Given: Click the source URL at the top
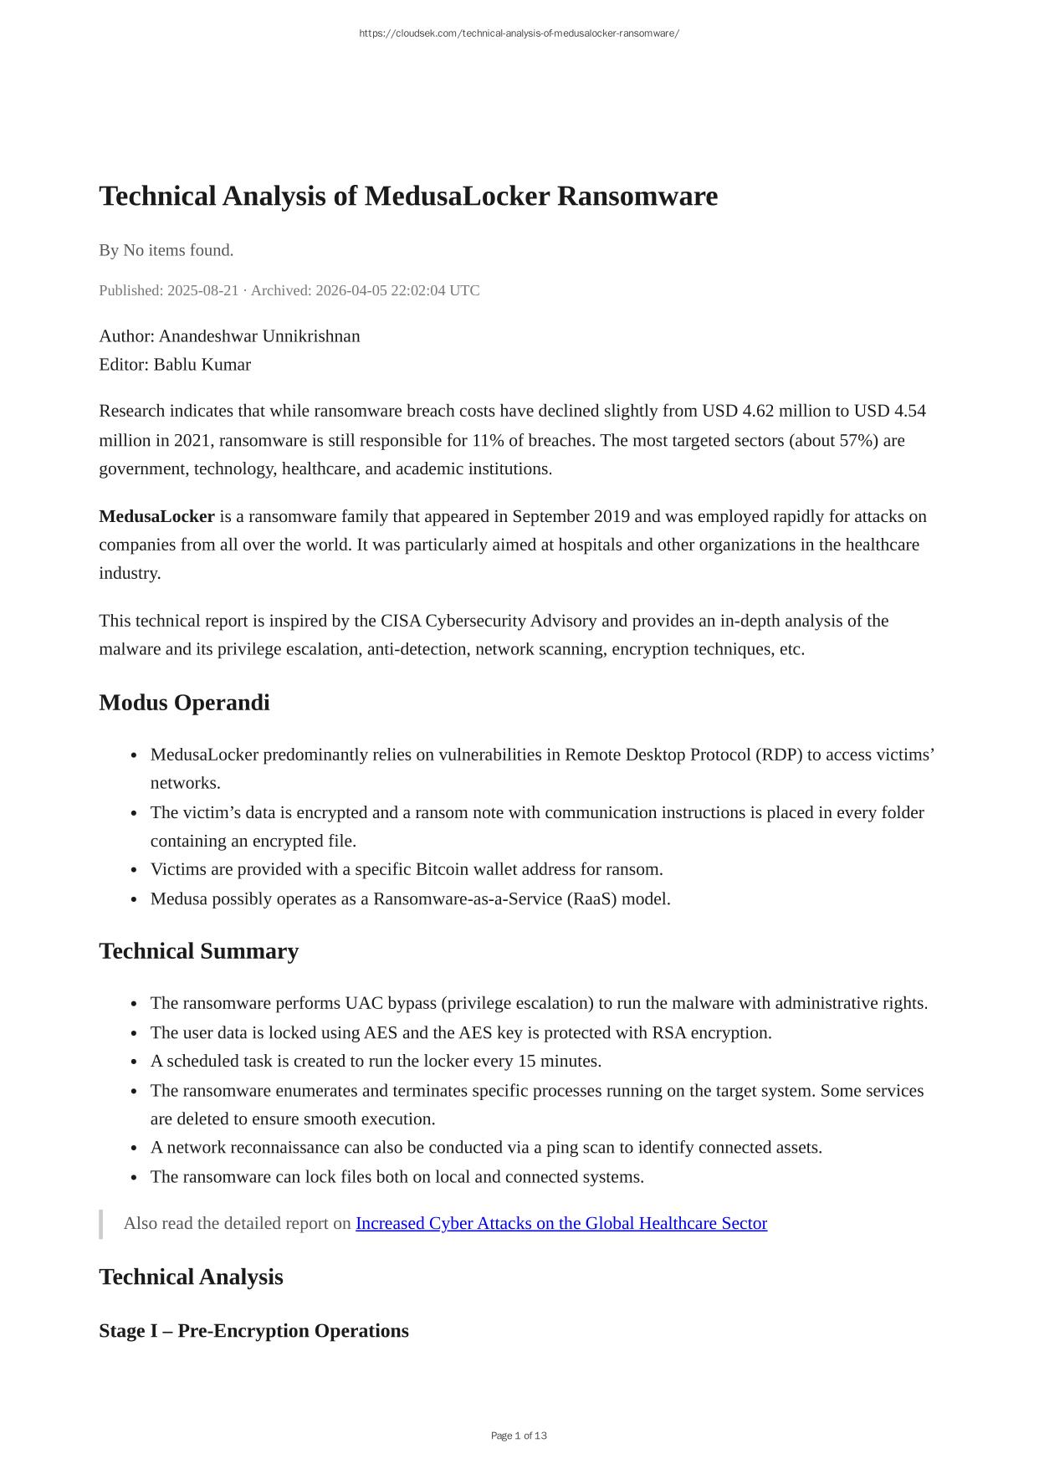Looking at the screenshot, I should pos(519,33).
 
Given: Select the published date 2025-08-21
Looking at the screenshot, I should pos(202,290).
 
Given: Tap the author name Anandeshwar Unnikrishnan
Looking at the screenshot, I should pos(259,336).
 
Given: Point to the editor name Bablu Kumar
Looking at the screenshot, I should pos(202,365).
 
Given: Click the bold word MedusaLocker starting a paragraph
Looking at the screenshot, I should pos(156,516).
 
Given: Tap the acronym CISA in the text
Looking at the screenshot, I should pos(401,621).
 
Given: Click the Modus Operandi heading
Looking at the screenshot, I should pos(184,703).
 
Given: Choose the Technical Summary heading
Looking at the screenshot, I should pos(198,951).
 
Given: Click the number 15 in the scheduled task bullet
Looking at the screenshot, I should pos(526,1062).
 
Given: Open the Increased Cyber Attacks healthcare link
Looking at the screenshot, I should pos(560,1223).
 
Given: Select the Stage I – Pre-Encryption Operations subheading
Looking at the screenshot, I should pos(253,1331).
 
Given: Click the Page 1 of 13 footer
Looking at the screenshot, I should pos(519,1436).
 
